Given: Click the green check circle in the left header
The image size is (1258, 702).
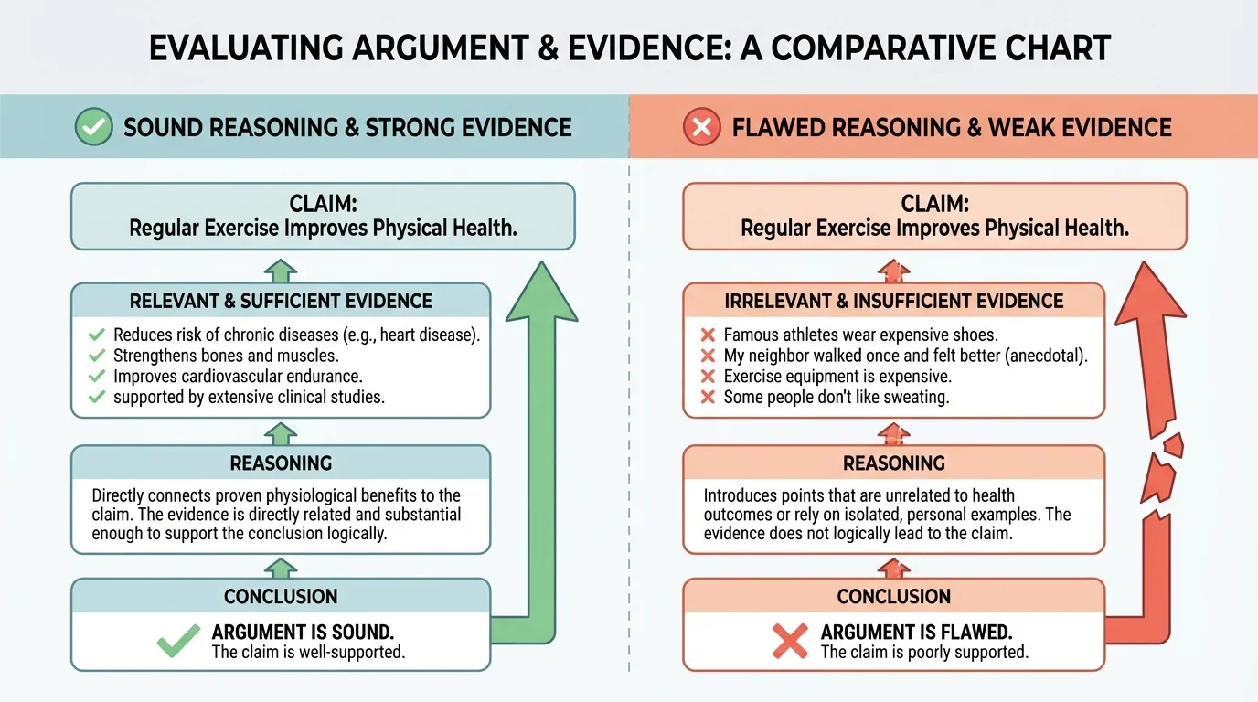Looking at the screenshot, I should click(x=92, y=127).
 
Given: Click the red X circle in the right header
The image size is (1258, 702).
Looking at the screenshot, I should click(x=702, y=127).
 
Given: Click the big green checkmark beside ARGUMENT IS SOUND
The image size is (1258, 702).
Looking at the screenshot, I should click(x=179, y=641).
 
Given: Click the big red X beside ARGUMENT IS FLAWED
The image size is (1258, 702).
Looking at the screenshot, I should click(x=790, y=641).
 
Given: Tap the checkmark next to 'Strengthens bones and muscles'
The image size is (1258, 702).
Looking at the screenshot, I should click(x=97, y=356).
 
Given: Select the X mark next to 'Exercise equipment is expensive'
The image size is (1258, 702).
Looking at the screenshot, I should click(x=707, y=377).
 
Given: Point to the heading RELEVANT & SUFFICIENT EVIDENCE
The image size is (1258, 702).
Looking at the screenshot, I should click(x=281, y=300).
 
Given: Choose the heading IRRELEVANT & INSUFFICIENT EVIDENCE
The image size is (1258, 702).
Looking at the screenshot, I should click(x=893, y=300).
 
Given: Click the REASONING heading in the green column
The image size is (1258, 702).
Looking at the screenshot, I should click(x=281, y=463).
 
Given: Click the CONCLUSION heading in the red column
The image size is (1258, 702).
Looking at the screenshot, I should click(x=893, y=596).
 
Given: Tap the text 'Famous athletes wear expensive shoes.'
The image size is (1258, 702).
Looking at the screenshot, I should click(x=860, y=335).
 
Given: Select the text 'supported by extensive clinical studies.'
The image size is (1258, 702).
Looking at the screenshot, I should click(x=249, y=397).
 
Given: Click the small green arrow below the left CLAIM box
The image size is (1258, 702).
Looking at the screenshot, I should click(x=281, y=270).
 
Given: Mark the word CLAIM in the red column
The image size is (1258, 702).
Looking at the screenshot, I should click(x=933, y=203).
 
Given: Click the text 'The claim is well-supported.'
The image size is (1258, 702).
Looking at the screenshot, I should click(x=308, y=652).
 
